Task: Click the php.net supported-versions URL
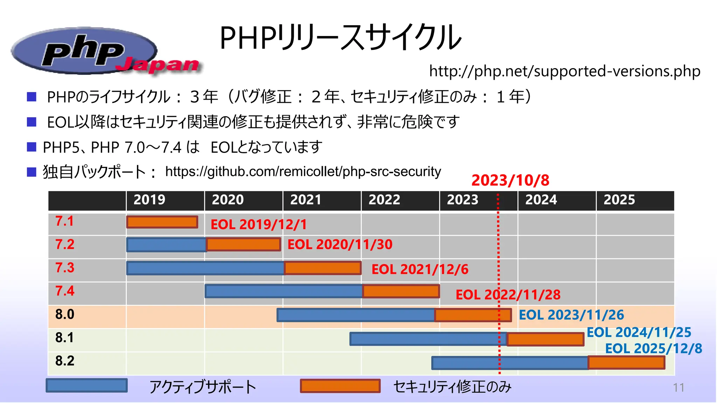click(564, 71)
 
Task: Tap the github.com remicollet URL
click(303, 172)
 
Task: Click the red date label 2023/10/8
click(510, 181)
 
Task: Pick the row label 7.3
click(65, 268)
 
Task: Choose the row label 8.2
click(65, 361)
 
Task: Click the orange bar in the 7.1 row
click(162, 222)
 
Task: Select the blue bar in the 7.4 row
click(284, 291)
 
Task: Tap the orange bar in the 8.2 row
click(626, 363)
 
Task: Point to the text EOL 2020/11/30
click(340, 245)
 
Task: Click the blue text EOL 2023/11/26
click(571, 315)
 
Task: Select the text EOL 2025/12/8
click(653, 349)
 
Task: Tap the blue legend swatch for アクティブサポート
click(86, 386)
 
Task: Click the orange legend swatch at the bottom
click(340, 386)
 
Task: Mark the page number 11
click(678, 388)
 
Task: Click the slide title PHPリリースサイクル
click(340, 38)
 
